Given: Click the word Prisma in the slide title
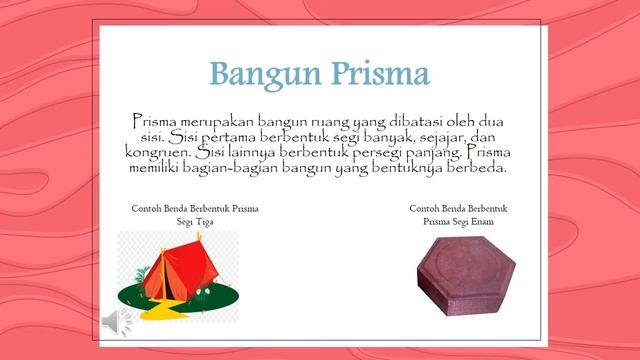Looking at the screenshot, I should pos(375,73).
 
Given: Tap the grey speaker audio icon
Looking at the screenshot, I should pos(109,320).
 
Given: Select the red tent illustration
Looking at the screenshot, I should pos(180,266).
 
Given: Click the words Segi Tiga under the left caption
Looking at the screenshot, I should pos(196,223).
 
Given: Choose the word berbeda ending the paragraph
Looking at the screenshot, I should pos(479,169).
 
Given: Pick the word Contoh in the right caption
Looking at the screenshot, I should pos(425,209).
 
